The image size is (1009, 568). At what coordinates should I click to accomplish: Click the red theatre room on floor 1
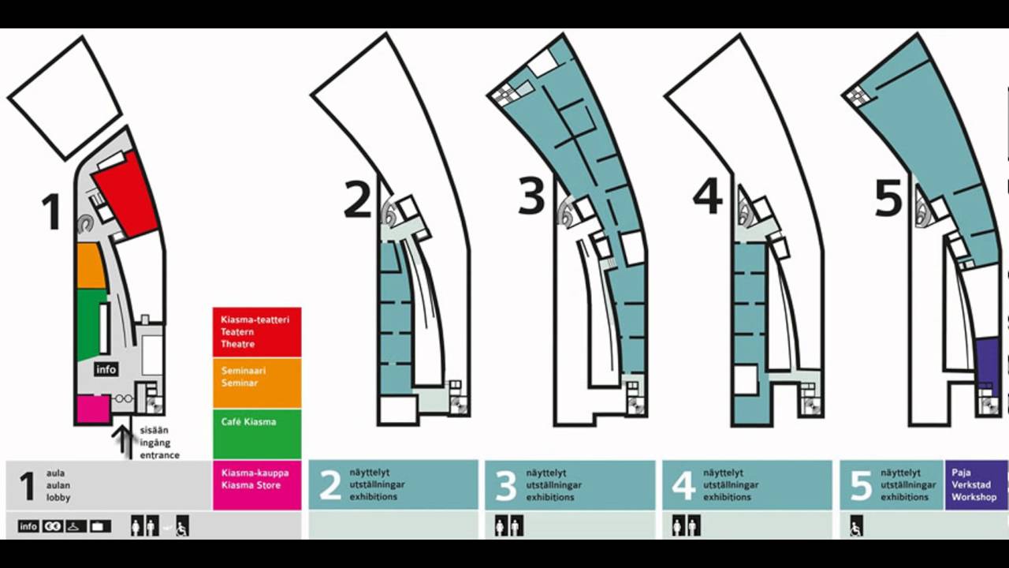coord(126,194)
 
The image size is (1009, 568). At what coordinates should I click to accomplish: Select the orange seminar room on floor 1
coord(90,266)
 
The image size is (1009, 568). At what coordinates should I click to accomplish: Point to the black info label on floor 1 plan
coord(106,369)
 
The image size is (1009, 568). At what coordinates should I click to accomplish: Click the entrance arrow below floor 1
coord(123,440)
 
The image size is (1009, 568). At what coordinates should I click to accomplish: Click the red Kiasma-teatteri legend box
coord(257,332)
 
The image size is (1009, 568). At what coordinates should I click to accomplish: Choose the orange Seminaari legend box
coord(257,383)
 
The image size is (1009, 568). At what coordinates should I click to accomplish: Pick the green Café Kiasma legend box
coord(257,433)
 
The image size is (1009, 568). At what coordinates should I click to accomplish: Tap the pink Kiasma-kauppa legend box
coord(257,484)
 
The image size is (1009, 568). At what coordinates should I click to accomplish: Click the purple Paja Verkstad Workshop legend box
coord(975,485)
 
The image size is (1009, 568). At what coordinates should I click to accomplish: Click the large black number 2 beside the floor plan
coord(357,199)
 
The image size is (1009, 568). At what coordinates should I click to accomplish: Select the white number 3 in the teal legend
coord(505,486)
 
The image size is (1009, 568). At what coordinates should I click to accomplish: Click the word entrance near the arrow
coord(160,455)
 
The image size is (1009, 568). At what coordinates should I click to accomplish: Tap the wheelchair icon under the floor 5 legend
coord(856,526)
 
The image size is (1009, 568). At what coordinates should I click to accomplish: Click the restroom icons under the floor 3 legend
coord(508,525)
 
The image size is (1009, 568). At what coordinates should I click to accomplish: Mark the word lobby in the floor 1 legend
coord(58,498)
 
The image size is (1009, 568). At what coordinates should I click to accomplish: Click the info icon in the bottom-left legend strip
coord(28,526)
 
